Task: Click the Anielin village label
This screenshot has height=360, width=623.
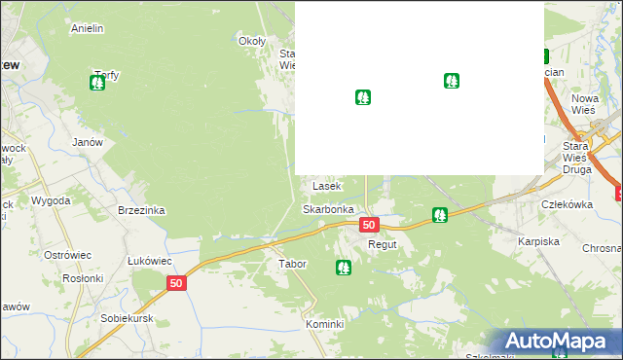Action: (x=88, y=28)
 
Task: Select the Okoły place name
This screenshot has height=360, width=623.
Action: (x=252, y=41)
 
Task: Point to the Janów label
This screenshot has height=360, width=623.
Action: (x=88, y=141)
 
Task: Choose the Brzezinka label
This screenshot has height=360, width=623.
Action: (x=141, y=210)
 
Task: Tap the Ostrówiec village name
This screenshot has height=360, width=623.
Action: (x=68, y=255)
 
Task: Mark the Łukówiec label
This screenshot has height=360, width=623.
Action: (x=150, y=261)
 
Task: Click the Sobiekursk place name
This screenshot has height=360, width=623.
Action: (x=128, y=318)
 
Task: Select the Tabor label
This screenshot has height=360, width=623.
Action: (x=292, y=264)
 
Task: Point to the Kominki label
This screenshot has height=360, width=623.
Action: (x=325, y=323)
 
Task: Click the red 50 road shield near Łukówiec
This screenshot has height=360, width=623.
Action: (x=175, y=283)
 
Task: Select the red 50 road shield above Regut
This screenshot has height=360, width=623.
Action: (x=368, y=225)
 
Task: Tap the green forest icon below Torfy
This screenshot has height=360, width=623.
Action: (x=97, y=84)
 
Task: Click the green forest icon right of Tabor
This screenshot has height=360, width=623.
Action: (x=343, y=267)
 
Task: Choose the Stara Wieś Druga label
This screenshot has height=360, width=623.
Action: (x=576, y=156)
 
